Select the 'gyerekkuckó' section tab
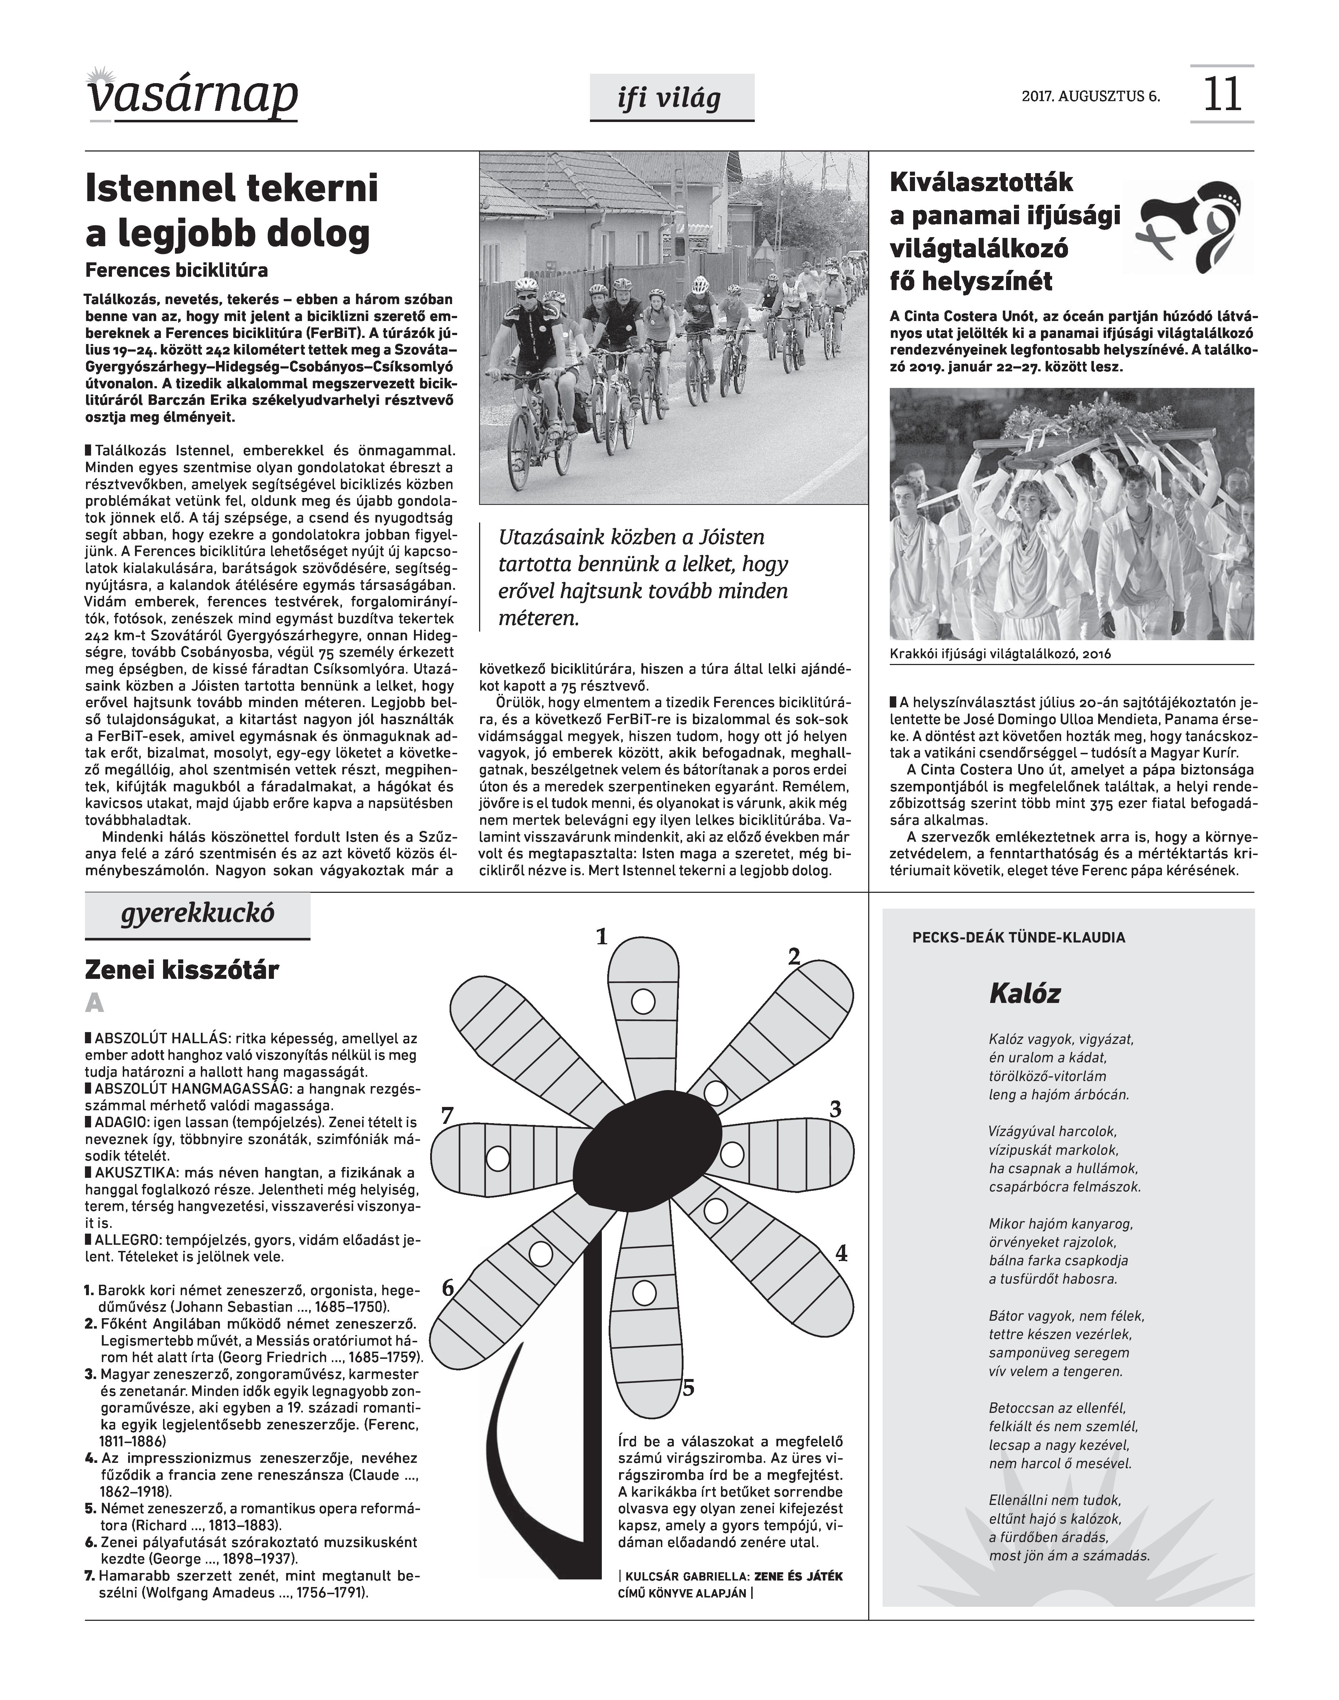(198, 914)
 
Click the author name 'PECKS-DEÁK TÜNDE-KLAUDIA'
(1018, 937)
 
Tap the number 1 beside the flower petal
(602, 937)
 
